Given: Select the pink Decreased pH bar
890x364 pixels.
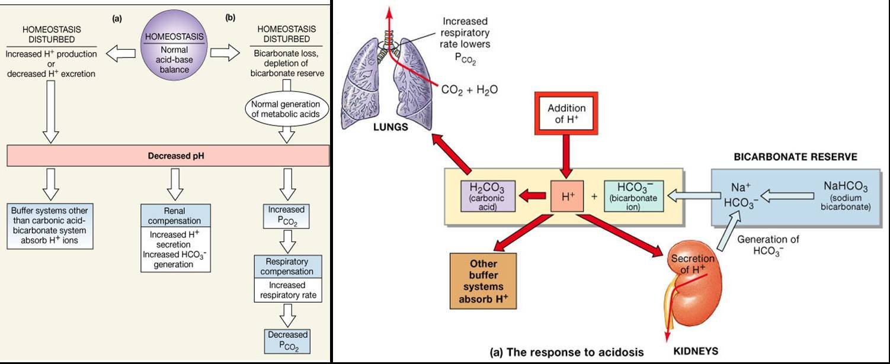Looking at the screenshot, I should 168,155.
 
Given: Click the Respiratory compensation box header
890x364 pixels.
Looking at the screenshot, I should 286,267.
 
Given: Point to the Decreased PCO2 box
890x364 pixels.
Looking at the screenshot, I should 287,340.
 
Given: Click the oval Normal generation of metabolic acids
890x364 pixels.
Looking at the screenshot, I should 286,109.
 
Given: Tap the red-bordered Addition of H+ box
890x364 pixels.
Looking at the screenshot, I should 566,113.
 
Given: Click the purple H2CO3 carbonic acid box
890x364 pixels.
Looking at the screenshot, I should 484,195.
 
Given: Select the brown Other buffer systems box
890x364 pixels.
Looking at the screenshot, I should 483,281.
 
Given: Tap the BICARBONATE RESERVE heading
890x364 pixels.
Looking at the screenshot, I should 795,157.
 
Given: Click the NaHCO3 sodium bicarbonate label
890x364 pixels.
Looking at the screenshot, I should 845,195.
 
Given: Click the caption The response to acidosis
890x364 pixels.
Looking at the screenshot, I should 566,352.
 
